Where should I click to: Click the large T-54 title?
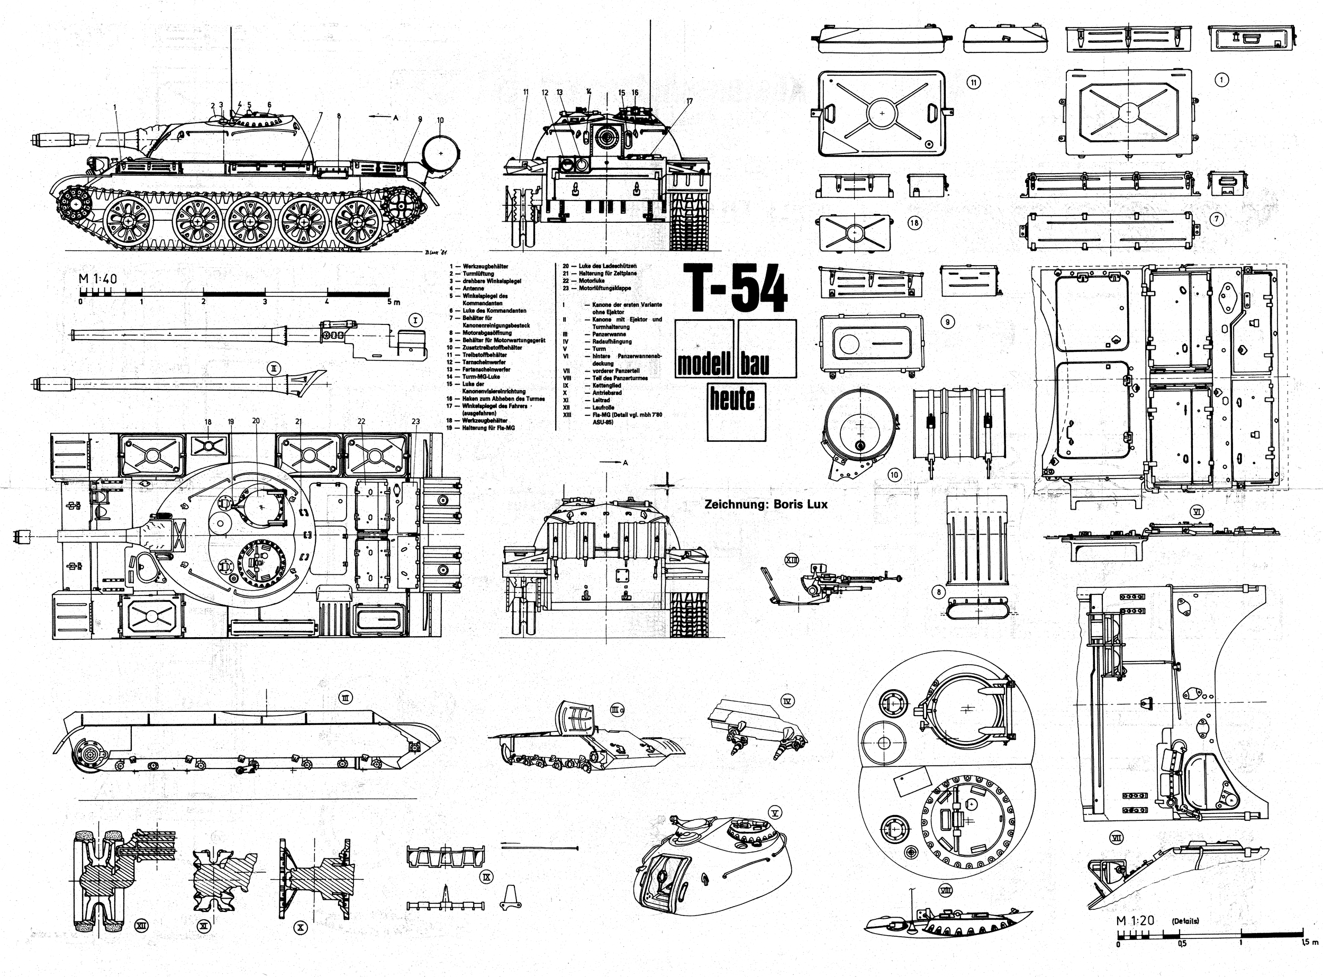pos(735,288)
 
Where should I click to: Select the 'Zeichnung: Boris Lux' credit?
pos(765,504)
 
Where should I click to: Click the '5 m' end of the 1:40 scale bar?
pos(393,302)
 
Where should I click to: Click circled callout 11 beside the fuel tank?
pos(974,82)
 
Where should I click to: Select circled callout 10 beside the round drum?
pos(894,474)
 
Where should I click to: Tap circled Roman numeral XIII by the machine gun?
pos(791,559)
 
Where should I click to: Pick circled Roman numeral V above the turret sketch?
pos(775,812)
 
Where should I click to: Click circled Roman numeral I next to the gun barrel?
pos(416,320)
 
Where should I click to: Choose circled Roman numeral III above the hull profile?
pos(346,698)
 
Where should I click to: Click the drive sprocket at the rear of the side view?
pos(404,206)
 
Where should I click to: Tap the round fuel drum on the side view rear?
pos(441,152)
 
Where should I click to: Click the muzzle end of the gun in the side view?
pos(34,140)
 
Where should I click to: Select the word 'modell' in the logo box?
pos(704,364)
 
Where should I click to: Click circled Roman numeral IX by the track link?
pos(487,878)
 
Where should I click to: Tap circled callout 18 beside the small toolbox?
pos(914,223)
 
